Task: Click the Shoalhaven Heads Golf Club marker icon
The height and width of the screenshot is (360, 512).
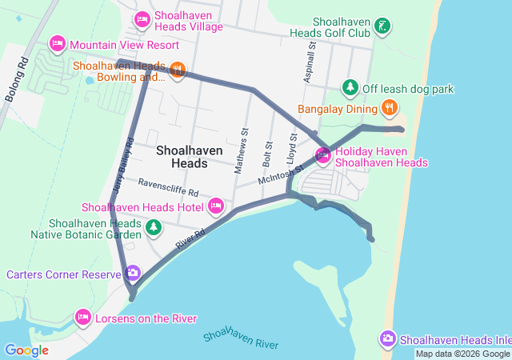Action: (x=382, y=26)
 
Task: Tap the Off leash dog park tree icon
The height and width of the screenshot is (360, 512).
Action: (x=349, y=86)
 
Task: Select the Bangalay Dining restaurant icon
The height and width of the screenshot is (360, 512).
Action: (x=389, y=107)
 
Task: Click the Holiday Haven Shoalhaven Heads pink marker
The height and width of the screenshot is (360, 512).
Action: (x=324, y=156)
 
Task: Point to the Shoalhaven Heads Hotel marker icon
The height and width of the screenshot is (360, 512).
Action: (x=215, y=206)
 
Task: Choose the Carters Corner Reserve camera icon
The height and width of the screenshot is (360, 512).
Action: (x=133, y=274)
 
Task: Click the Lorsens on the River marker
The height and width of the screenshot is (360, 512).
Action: (x=82, y=318)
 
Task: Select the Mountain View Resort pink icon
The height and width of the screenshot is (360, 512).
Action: (x=58, y=42)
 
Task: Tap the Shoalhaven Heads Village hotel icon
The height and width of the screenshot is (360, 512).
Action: (x=142, y=18)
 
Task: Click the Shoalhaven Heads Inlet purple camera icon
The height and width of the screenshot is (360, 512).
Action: (x=388, y=339)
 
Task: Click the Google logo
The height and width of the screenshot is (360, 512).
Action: (x=26, y=350)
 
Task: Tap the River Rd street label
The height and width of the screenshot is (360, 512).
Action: (x=186, y=242)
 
